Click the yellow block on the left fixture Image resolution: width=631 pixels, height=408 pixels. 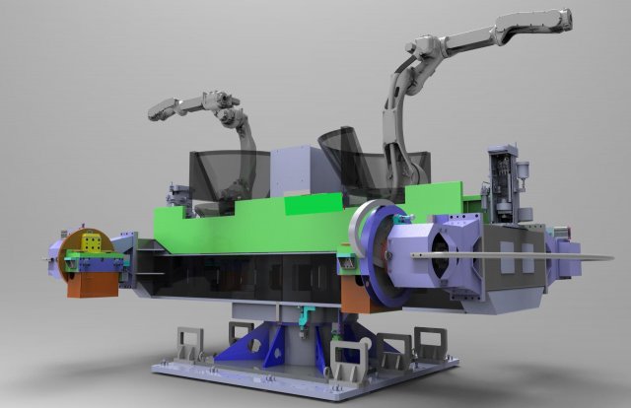point(91,243)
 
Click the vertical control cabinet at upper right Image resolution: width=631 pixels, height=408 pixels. point(509,183)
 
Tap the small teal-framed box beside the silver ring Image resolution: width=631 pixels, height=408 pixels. point(346,264)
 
